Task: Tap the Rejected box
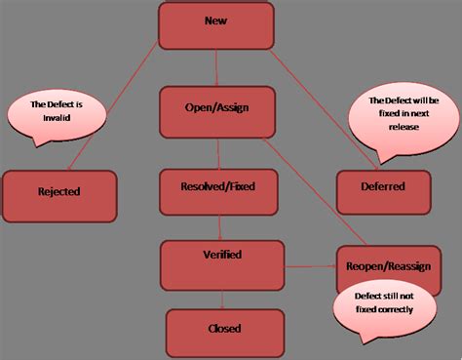pos(59,191)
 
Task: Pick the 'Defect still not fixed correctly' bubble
pos(384,303)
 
